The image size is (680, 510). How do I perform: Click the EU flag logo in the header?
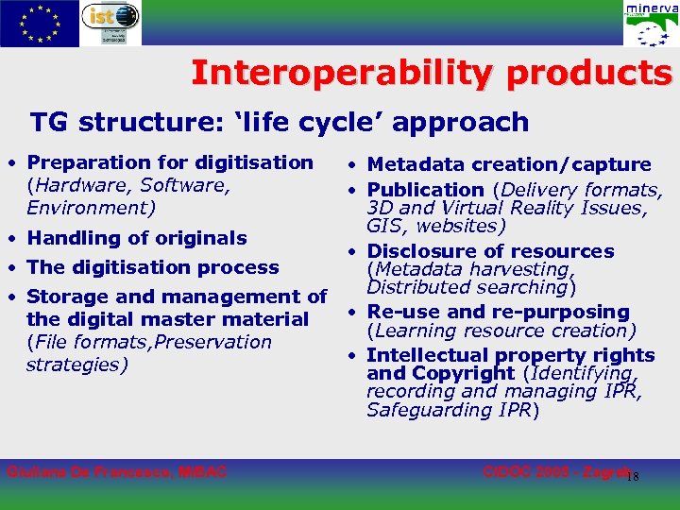(40, 23)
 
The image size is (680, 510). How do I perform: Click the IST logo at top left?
(110, 22)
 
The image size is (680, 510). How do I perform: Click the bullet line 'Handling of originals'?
(137, 238)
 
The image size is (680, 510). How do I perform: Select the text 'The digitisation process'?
(153, 267)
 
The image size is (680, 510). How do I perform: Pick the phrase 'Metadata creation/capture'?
(508, 165)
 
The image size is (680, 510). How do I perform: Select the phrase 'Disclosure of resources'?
(490, 251)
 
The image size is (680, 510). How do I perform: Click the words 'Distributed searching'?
(466, 287)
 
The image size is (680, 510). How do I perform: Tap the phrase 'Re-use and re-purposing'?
(498, 312)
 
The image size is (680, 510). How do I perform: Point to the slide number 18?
(633, 476)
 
